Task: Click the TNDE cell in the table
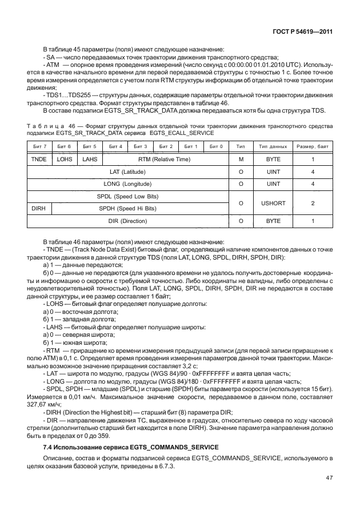39,160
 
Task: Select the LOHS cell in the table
65,160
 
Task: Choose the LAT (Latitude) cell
128,172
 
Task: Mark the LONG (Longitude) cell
128,184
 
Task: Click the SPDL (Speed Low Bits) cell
128,196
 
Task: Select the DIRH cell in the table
39,208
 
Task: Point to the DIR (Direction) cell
128,221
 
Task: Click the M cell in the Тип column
241,160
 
